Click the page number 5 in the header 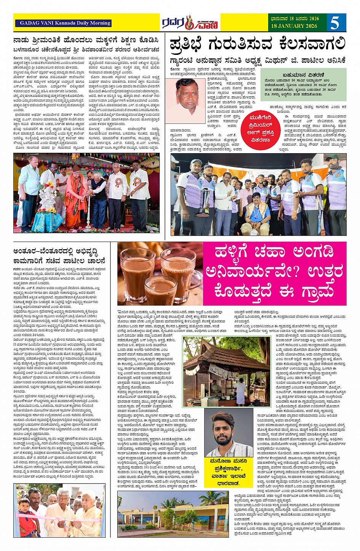[x=335, y=23]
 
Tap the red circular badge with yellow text [x=261, y=130]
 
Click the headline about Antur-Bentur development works [x=59, y=256]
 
